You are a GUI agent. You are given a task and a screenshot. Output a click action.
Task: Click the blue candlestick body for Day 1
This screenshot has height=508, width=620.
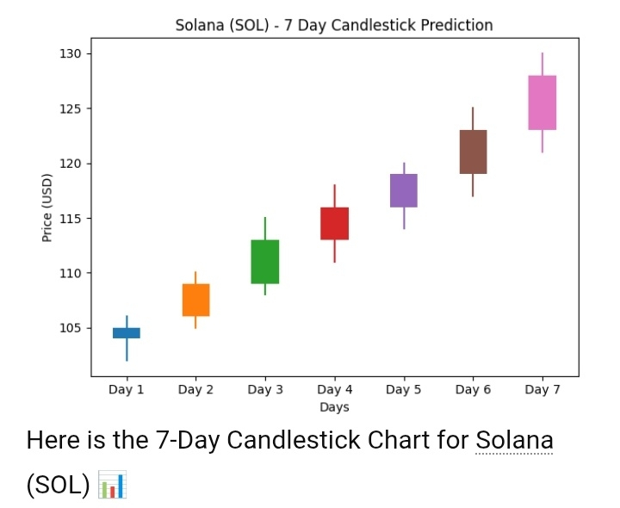(x=127, y=332)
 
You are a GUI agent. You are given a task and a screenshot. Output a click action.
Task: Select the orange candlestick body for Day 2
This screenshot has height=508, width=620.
(x=195, y=300)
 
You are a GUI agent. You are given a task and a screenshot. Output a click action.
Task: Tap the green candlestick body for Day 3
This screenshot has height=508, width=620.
(x=265, y=262)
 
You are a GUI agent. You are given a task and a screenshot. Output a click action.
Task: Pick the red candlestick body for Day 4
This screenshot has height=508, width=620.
(x=334, y=223)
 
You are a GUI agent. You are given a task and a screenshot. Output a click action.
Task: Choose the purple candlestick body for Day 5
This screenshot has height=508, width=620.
(x=404, y=190)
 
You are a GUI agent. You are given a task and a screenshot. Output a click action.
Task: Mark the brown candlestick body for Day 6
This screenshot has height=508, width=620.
(x=473, y=152)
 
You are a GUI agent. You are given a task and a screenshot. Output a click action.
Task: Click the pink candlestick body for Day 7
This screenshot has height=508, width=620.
(x=542, y=102)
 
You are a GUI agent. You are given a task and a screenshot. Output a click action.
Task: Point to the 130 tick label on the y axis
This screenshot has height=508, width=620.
(x=70, y=54)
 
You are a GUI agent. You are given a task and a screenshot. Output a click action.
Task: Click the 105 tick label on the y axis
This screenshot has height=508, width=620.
(x=70, y=328)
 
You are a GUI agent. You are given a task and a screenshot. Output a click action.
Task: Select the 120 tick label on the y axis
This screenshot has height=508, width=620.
(x=70, y=164)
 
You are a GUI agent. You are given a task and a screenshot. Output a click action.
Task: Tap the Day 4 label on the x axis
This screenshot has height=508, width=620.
(x=334, y=390)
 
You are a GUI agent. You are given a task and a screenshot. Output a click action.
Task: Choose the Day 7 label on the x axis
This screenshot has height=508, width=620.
(x=542, y=390)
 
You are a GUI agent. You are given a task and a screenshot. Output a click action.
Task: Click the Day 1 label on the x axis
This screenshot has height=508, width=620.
(x=127, y=390)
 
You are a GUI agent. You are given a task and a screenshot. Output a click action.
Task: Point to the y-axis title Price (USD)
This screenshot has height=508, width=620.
(x=48, y=208)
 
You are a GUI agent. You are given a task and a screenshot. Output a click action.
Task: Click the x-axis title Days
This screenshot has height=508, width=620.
(x=334, y=407)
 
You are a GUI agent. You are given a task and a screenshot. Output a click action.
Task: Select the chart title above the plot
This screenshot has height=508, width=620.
(x=334, y=25)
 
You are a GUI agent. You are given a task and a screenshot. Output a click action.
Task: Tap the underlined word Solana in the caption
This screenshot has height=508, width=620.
(x=514, y=440)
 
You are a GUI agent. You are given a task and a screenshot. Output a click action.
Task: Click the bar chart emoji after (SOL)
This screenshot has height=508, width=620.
(x=113, y=485)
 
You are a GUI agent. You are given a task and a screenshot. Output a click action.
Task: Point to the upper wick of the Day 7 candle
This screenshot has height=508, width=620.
(x=542, y=65)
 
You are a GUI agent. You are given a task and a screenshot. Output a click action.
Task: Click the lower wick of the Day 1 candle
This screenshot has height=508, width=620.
(x=127, y=350)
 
